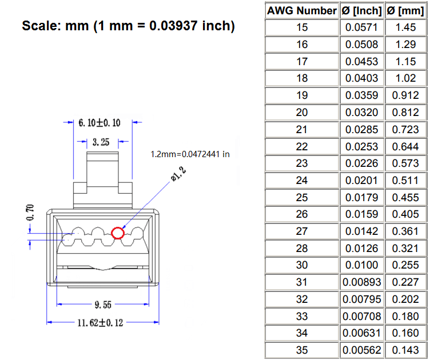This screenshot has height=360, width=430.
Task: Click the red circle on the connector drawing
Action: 112,233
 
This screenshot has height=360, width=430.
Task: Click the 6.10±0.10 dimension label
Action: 99,123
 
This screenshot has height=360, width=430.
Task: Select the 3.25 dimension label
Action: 101,142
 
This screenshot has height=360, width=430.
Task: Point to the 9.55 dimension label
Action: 103,305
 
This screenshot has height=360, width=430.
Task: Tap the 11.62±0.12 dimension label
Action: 101,323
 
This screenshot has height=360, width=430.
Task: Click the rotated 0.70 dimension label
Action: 30,213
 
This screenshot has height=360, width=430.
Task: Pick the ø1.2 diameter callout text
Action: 178,174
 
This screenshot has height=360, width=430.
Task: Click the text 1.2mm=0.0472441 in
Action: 190,154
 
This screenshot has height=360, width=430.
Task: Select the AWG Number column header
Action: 302,11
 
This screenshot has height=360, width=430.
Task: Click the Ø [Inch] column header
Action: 361,11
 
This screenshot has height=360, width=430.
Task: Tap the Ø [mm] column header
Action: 405,11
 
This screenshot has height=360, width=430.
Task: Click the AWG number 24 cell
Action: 302,180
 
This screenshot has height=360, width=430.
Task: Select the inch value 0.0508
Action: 361,45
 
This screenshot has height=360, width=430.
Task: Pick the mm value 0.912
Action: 405,95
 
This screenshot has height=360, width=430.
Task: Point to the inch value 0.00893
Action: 361,282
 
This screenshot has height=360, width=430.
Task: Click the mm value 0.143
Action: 405,350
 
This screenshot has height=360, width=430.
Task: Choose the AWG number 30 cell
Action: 302,265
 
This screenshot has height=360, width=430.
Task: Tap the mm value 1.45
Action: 405,27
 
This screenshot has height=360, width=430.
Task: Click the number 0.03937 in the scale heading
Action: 173,26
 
